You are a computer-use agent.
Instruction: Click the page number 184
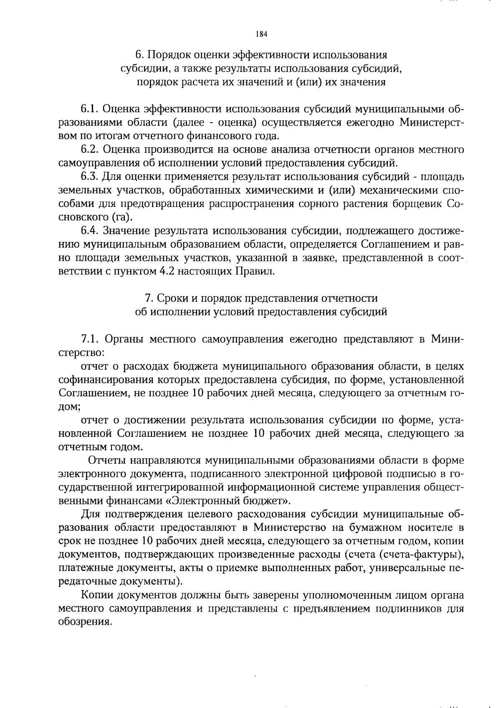point(261,34)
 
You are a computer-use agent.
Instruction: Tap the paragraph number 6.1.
point(89,109)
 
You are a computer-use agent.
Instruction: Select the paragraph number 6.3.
point(89,177)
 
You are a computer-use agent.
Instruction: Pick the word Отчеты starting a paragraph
point(108,460)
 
